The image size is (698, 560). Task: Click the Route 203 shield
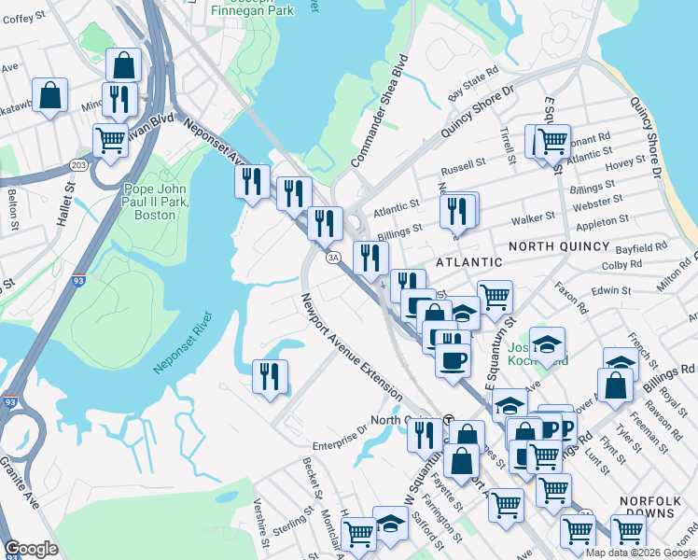pos(78,165)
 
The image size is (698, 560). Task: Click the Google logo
pos(31,549)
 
